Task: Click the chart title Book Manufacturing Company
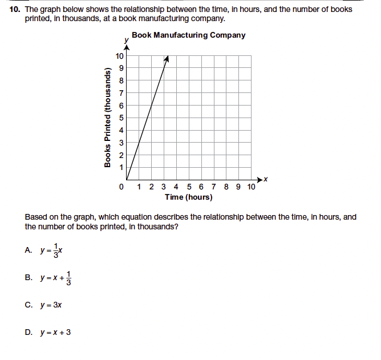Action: tap(188, 35)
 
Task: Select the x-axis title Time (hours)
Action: tap(189, 197)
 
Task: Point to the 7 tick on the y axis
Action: tap(120, 93)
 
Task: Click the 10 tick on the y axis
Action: tap(119, 56)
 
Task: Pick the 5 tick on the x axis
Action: tap(189, 187)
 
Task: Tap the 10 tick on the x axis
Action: tap(252, 187)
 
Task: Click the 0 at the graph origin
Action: tap(121, 187)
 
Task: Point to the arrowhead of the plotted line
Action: tap(167, 59)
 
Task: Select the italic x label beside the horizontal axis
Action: tap(266, 180)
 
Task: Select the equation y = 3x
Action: tap(51, 305)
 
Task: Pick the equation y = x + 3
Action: tap(55, 332)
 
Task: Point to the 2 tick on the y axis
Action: tap(120, 155)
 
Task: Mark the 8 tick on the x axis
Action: tap(226, 187)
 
